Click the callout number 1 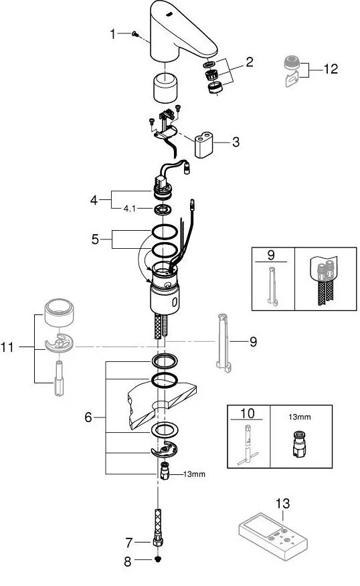coord(112,34)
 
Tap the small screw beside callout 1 coord(135,34)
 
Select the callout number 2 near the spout coord(249,62)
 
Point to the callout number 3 coord(236,142)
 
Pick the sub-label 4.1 coord(130,209)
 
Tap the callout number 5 coord(95,239)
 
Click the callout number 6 coord(88,417)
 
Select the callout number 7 coord(129,543)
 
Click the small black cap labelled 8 coord(158,559)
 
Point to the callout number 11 coord(7,347)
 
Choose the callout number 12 coord(331,69)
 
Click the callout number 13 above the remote coord(282,504)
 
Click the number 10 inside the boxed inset coord(248,413)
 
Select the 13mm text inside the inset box coord(299,417)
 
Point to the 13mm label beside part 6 coord(194,474)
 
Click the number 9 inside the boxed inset coord(271,255)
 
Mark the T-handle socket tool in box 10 coord(248,445)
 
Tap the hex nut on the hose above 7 coord(158,542)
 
